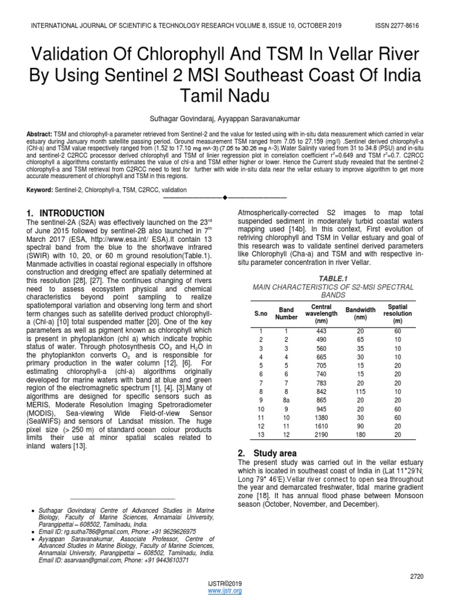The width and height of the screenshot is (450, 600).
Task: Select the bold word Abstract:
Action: (x=39, y=134)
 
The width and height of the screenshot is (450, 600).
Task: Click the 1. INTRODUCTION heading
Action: (x=66, y=213)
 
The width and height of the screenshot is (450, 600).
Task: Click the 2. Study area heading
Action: (x=268, y=453)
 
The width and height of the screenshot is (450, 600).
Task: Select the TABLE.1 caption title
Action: (x=332, y=277)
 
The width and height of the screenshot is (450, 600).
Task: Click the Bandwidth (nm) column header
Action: (x=360, y=313)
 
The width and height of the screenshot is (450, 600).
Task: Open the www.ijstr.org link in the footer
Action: (x=225, y=591)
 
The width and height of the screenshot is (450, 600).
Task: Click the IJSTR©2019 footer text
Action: (x=225, y=584)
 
